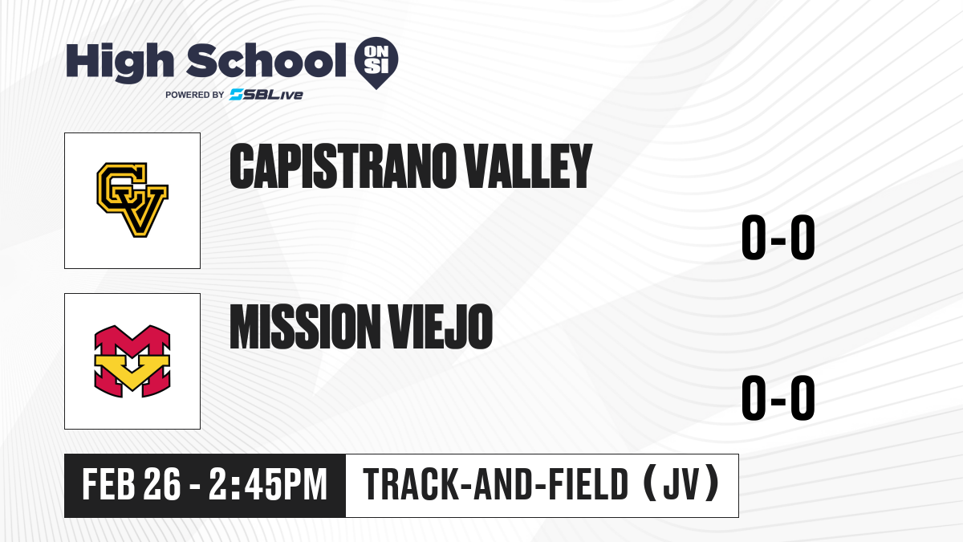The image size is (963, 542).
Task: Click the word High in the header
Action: click(120, 63)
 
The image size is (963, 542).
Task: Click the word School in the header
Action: click(266, 60)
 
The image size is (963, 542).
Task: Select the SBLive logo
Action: click(266, 95)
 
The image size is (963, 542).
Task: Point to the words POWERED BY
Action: click(195, 95)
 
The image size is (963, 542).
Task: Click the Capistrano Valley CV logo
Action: click(132, 200)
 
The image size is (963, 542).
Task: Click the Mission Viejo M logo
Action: click(132, 361)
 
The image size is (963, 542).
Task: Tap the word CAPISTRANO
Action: click(343, 166)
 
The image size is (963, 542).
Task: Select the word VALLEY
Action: click(529, 166)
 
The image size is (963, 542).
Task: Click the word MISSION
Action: click(305, 327)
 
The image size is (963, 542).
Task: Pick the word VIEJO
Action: click(441, 327)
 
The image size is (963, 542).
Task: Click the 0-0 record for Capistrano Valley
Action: click(778, 237)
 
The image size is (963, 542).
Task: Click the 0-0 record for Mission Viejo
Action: click(778, 397)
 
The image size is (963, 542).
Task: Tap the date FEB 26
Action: click(131, 484)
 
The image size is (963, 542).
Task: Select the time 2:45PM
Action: click(268, 484)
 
